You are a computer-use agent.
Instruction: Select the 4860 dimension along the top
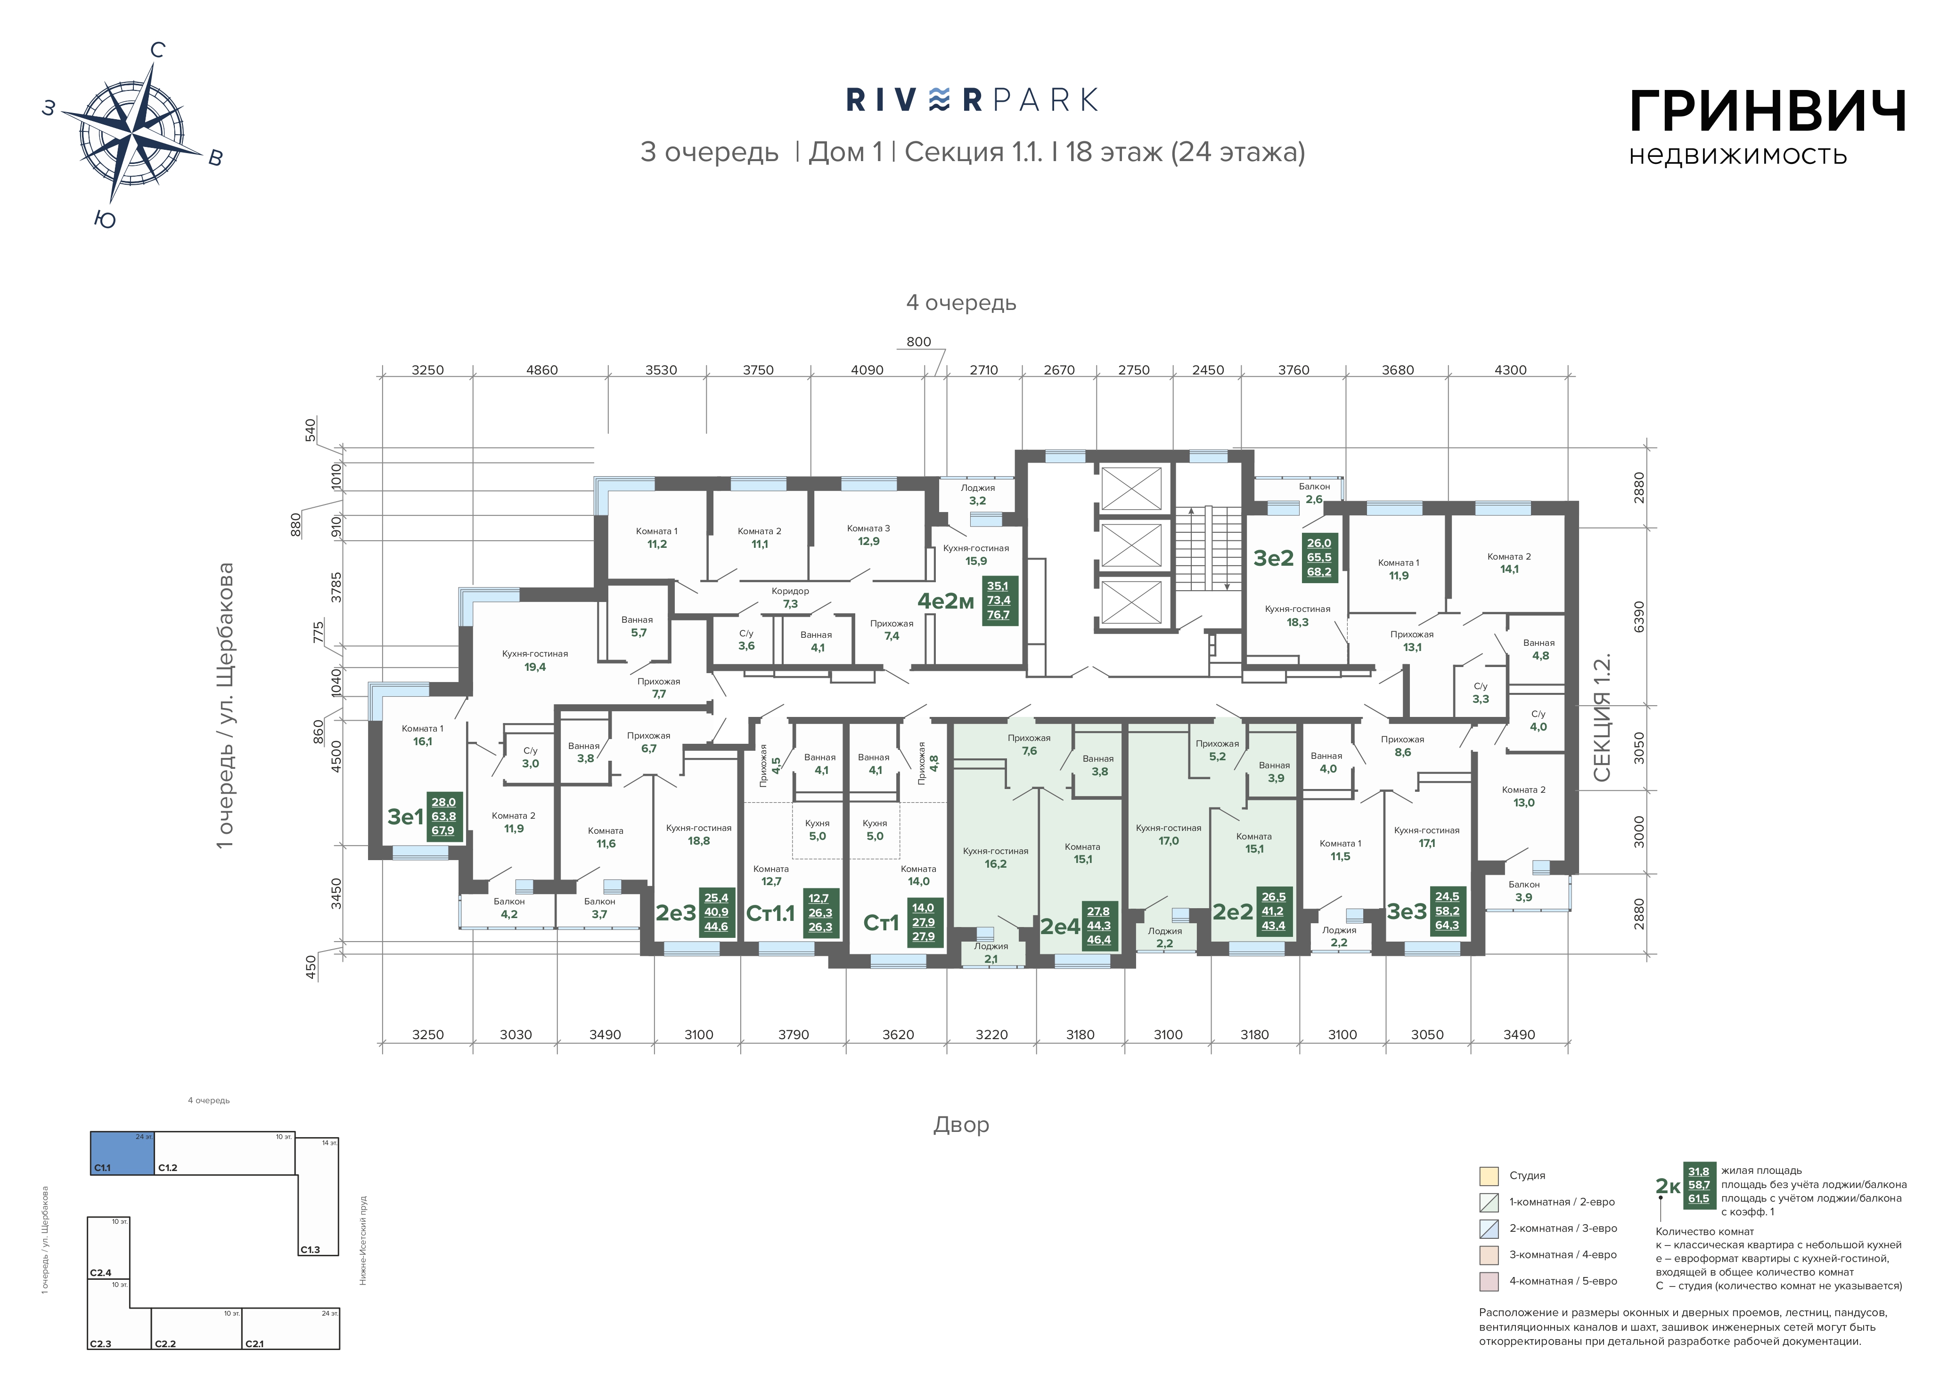tap(541, 370)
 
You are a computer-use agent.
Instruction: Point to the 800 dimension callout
tap(918, 342)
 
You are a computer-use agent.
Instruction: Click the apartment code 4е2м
tap(946, 601)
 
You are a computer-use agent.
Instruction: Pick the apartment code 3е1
tap(405, 816)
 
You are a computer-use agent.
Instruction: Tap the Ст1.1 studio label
tap(770, 913)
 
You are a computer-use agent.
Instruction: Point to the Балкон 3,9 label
tap(1524, 891)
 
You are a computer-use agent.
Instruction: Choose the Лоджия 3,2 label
tap(977, 494)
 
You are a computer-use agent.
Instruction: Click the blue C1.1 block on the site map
tap(123, 1153)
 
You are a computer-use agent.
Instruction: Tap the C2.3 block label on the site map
tap(100, 1344)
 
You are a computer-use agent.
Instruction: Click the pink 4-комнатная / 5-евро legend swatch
tap(1489, 1281)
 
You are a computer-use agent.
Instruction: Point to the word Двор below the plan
tap(961, 1124)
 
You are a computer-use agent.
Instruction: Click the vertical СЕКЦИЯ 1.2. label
tap(1602, 719)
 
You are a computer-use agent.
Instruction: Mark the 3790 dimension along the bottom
tap(793, 1035)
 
